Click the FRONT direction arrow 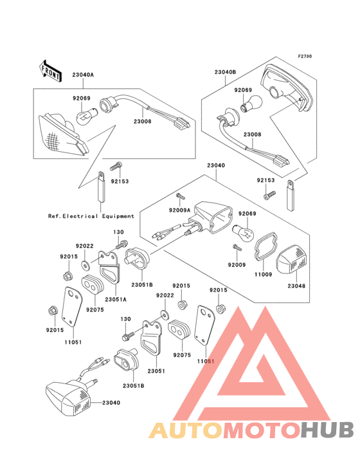point(50,71)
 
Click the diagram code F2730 point(305,57)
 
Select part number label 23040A point(83,75)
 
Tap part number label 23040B point(225,72)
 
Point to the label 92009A point(179,210)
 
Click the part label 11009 point(263,274)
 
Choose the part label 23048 point(296,286)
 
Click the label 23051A point(116,299)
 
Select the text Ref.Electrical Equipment point(91,216)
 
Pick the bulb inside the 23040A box point(86,117)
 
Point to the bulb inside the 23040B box point(251,104)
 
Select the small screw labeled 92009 point(237,248)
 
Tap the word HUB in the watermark point(328,430)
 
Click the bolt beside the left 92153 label point(116,166)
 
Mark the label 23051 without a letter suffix point(156,371)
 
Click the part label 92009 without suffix point(237,264)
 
